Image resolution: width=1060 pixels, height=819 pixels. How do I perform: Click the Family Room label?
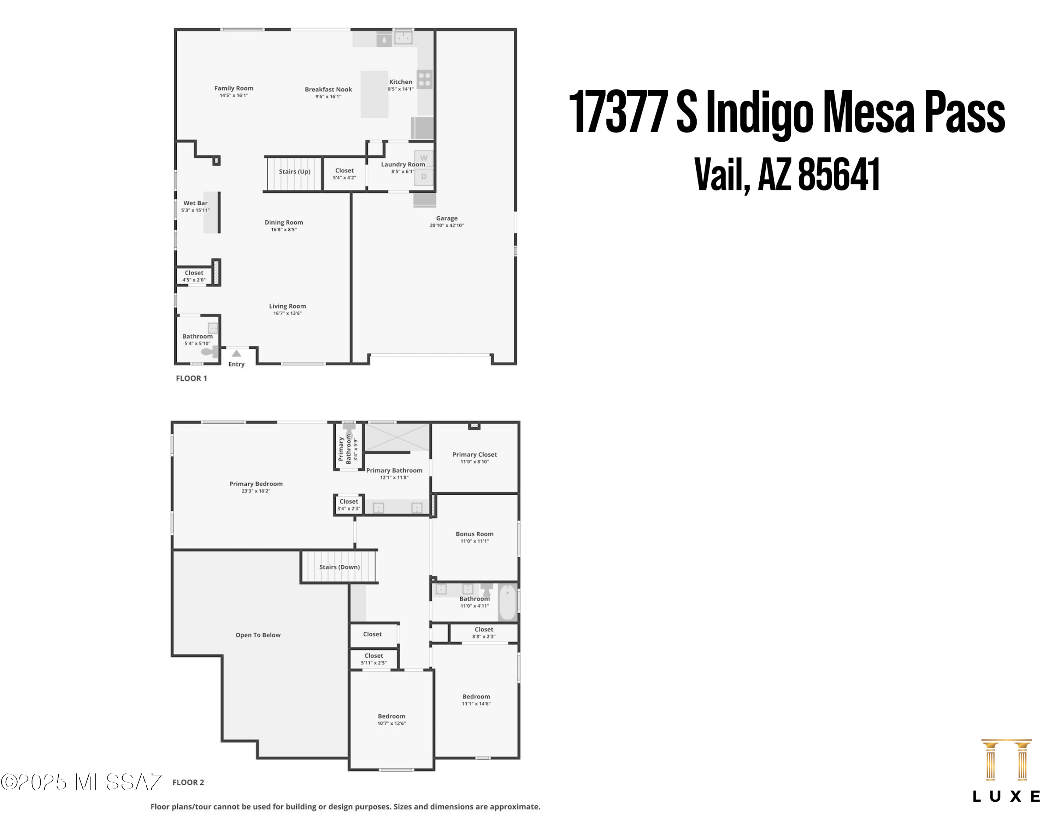tap(234, 88)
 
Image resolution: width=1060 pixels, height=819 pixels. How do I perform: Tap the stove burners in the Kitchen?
tap(424, 79)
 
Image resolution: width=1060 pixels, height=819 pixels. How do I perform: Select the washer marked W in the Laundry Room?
tap(423, 158)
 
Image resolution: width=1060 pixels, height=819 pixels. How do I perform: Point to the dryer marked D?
tap(423, 177)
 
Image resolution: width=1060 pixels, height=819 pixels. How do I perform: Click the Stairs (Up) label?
tap(294, 172)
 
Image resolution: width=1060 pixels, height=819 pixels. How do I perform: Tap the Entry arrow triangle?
tap(236, 353)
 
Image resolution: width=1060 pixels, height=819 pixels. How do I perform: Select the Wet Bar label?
tap(195, 203)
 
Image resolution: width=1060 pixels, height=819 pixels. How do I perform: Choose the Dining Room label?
tap(283, 223)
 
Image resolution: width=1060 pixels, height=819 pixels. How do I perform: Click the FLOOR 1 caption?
tap(191, 378)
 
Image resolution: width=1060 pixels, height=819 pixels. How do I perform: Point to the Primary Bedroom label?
tap(256, 484)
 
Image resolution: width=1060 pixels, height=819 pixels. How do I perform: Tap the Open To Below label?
tap(258, 635)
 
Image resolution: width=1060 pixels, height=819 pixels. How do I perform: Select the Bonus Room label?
tap(474, 534)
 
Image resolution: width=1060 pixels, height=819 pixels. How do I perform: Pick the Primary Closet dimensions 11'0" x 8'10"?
tap(474, 462)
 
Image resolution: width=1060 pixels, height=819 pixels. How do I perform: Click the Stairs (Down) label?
tap(339, 567)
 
